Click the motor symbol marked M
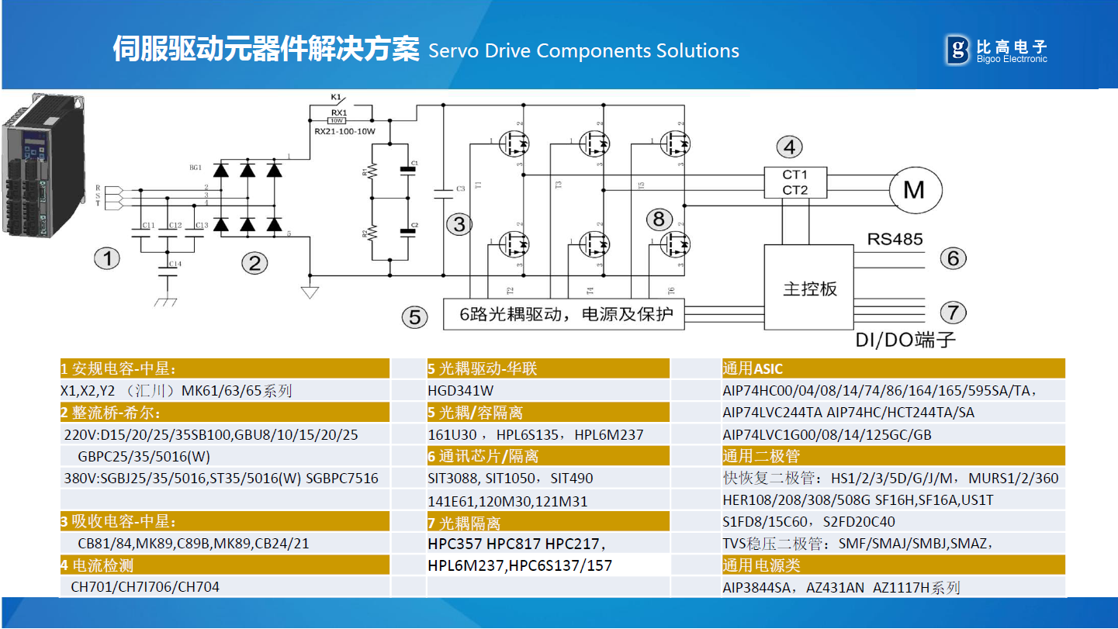[914, 189]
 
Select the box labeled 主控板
[809, 289]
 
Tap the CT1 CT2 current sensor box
[794, 182]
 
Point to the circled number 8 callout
[659, 219]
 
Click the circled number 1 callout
[107, 258]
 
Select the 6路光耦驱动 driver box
[563, 315]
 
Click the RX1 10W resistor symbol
[337, 120]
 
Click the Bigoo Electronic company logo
[996, 50]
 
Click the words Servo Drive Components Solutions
[583, 51]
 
